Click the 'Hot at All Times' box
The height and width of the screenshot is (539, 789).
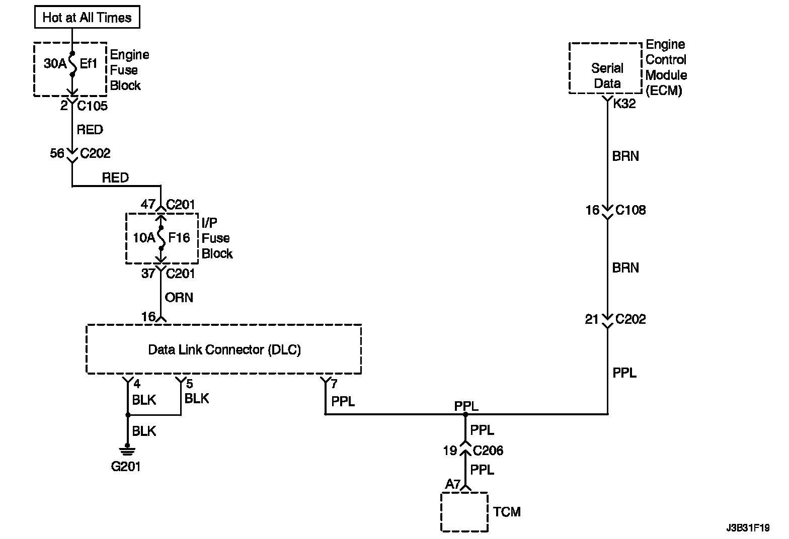pos(87,18)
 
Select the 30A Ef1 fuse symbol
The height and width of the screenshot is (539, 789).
pos(72,64)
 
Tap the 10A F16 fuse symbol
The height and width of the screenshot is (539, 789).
pos(161,238)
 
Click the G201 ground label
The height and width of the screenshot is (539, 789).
pos(126,467)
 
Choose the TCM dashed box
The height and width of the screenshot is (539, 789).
pos(464,512)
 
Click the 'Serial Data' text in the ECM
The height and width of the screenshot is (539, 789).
pos(607,75)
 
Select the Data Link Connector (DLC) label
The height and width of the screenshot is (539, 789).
pos(224,349)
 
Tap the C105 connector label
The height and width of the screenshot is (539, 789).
pos(92,106)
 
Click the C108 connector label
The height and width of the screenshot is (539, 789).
pos(630,210)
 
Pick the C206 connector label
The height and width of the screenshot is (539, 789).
pos(488,451)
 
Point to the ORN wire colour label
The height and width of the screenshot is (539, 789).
pos(179,298)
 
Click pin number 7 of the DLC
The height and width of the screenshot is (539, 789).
pos(334,385)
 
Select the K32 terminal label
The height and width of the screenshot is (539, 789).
pos(624,104)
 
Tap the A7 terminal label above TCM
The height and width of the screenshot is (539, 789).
pos(453,485)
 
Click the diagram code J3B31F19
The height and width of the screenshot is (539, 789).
pos(748,528)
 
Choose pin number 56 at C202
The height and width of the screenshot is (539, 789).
pos(57,153)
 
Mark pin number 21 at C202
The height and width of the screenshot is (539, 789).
pos(592,319)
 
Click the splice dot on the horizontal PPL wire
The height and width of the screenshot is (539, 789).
pos(465,414)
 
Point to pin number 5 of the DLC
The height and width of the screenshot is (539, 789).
pos(189,385)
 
